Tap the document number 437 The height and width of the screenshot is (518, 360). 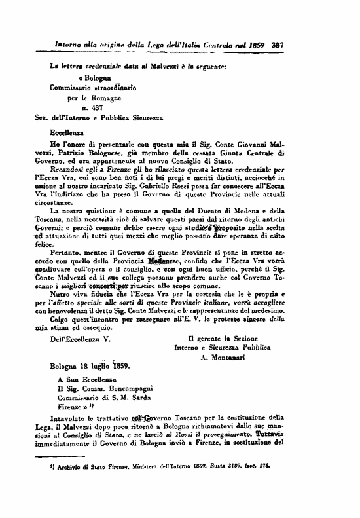point(90,107)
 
